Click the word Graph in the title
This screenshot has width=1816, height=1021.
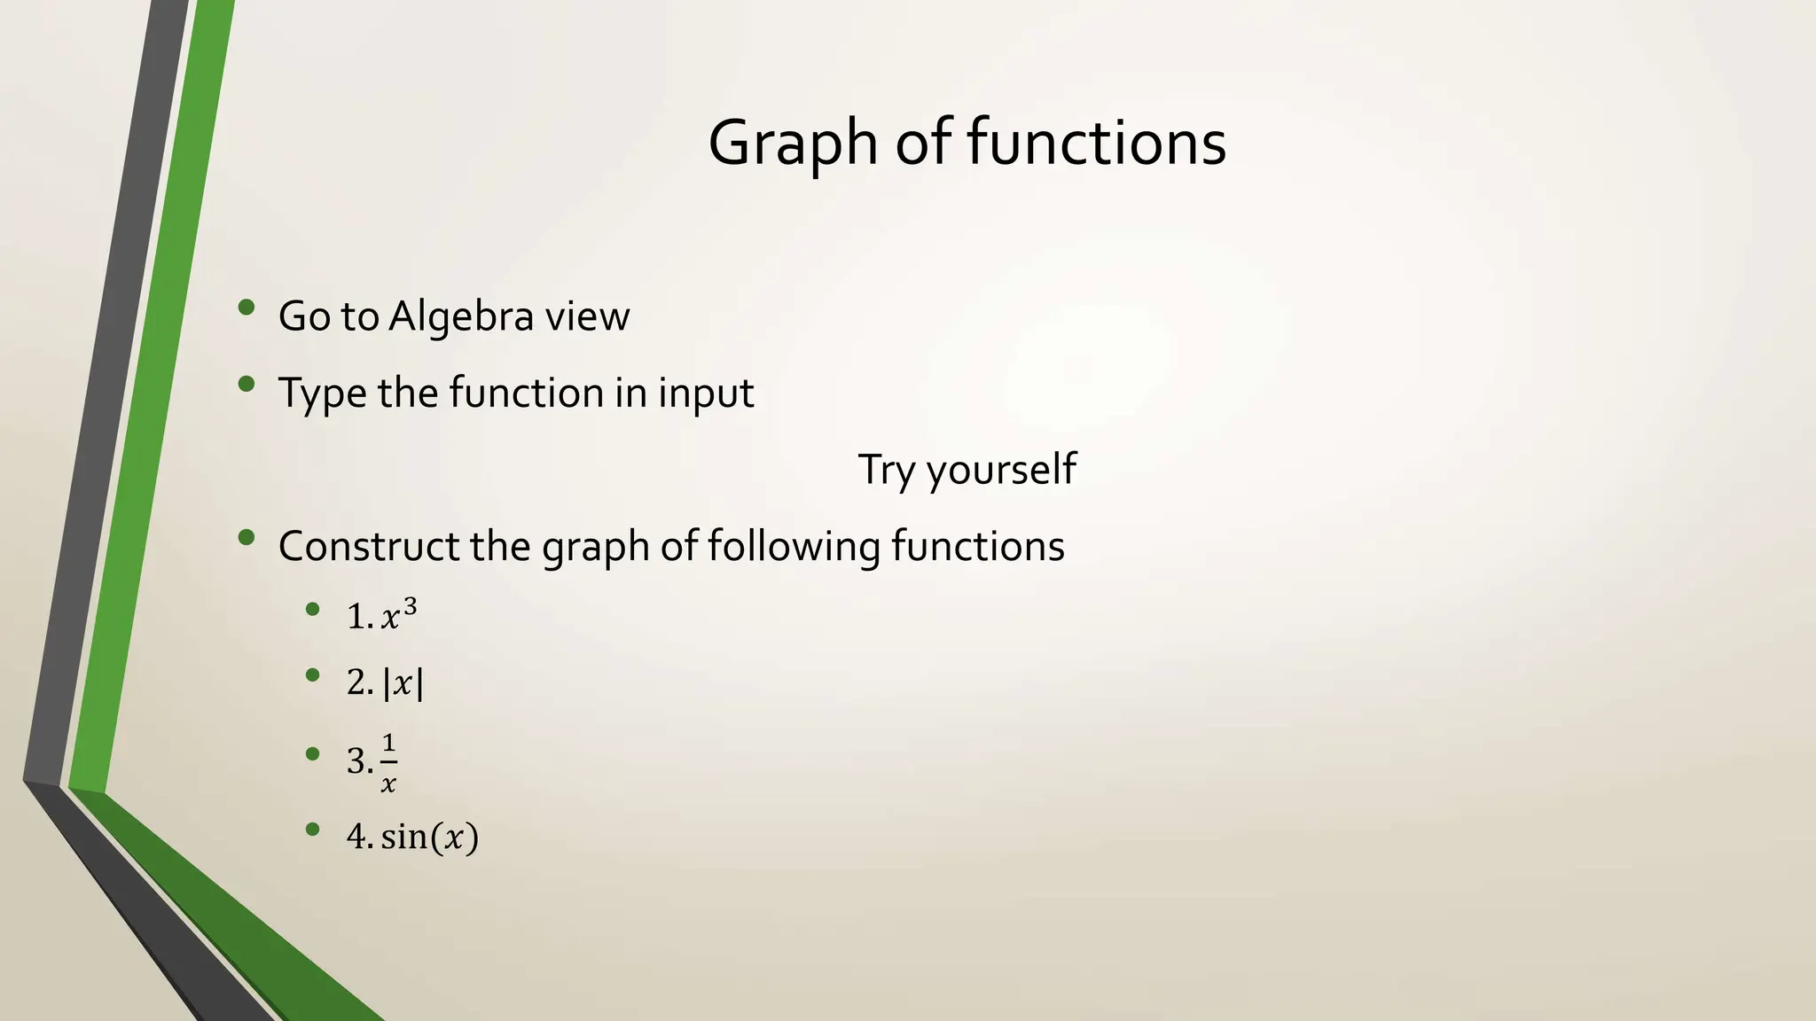coord(793,144)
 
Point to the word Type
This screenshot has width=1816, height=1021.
coord(321,394)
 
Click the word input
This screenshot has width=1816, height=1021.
coord(706,394)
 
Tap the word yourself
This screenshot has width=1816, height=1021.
coord(1001,470)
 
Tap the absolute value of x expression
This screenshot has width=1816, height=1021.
coord(403,683)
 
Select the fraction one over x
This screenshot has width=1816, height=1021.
coord(388,761)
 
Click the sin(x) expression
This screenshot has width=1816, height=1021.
coord(430,837)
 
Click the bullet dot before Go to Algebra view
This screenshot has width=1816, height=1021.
coord(247,308)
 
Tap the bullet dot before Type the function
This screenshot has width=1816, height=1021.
coord(247,385)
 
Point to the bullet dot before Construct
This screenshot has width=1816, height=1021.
coord(247,537)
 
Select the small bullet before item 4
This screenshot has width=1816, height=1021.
coord(311,830)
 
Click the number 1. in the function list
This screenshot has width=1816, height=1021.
coord(360,616)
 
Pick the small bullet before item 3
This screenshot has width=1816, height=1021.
coord(311,753)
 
